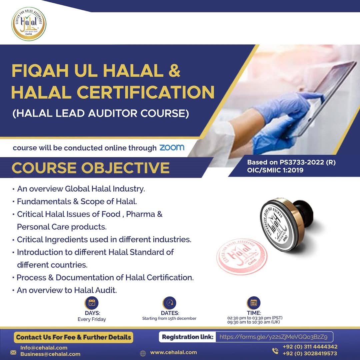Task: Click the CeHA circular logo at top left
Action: pos(29,24)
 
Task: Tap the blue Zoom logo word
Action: pos(172,148)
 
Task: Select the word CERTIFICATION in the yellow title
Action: pos(145,92)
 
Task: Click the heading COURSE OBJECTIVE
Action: pos(91,168)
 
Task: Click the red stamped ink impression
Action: pos(242,256)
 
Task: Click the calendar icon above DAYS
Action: pos(92,303)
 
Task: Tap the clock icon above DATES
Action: pos(169,303)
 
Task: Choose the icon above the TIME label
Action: pos(253,303)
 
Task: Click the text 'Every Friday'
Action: pos(92,319)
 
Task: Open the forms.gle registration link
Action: pos(273,337)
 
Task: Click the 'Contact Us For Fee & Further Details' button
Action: pos(73,337)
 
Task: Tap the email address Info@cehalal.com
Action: pos(44,348)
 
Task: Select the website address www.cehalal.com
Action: pos(174,352)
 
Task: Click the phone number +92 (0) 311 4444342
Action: pos(310,347)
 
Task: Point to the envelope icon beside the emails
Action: pos(13,352)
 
